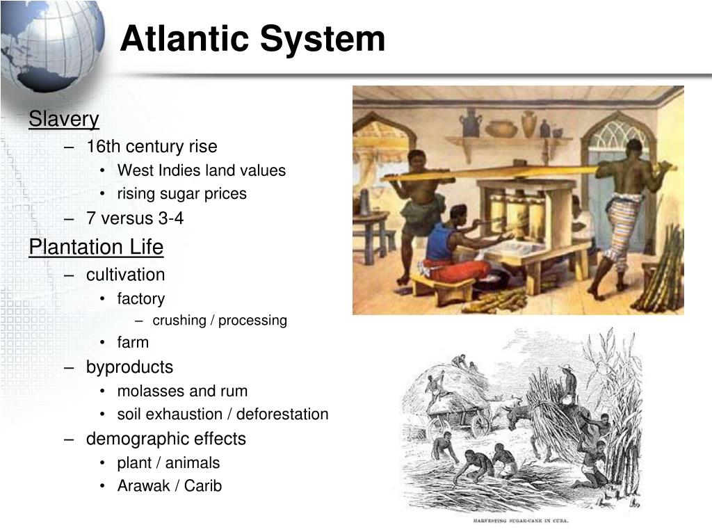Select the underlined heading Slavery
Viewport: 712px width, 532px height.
point(64,119)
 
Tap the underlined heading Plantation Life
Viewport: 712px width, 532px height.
point(96,247)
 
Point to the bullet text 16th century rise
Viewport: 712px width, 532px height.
point(152,146)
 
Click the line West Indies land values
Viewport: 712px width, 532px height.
point(201,170)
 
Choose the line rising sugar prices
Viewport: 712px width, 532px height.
point(181,194)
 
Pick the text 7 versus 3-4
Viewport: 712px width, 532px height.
point(135,218)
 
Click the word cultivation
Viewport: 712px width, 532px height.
point(125,275)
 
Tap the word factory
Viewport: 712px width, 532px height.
point(141,299)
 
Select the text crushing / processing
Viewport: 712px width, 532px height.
point(220,321)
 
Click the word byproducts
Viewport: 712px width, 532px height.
point(129,366)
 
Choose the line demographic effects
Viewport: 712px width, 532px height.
point(165,439)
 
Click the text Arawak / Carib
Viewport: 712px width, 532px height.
point(169,486)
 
